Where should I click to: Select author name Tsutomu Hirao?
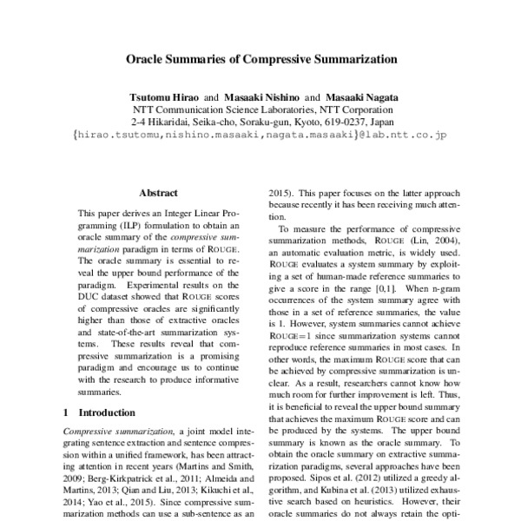click(163, 98)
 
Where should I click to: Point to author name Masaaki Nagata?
click(356, 98)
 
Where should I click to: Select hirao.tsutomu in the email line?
click(117, 136)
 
